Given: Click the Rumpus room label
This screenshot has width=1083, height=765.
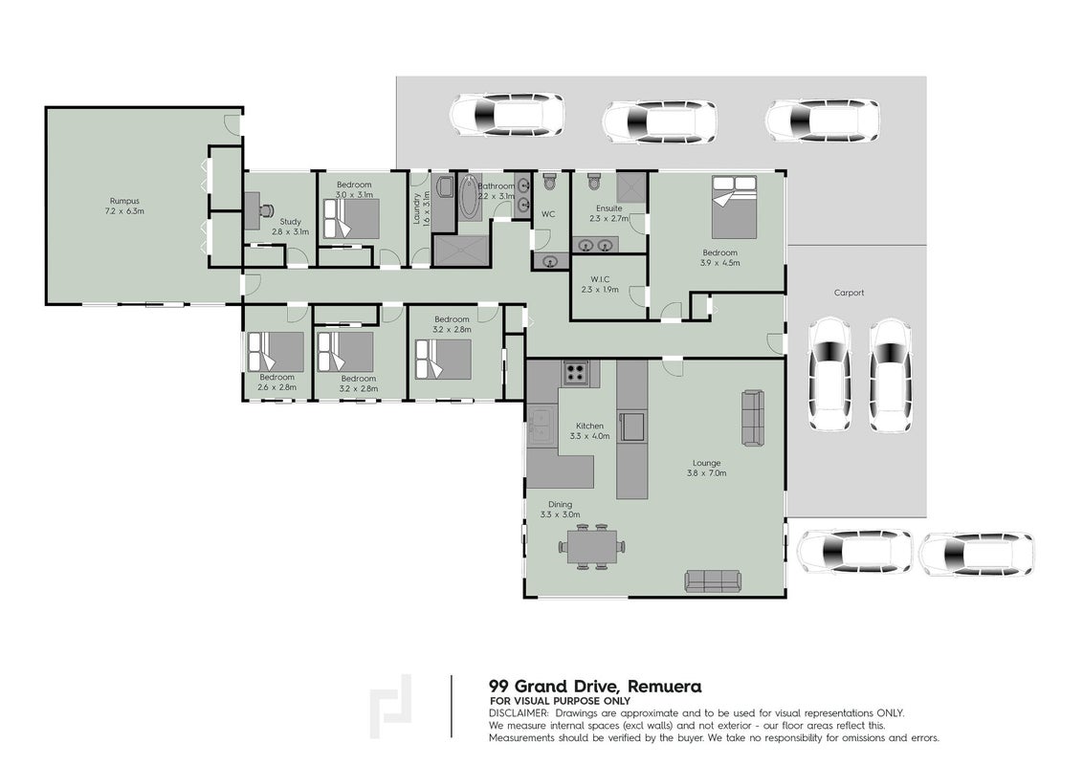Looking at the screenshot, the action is [x=125, y=201].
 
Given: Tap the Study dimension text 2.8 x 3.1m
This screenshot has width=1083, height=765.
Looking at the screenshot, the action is [x=290, y=232].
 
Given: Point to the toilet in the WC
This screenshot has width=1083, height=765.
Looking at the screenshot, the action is [x=549, y=182].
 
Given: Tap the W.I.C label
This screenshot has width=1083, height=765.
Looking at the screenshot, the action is [x=600, y=279].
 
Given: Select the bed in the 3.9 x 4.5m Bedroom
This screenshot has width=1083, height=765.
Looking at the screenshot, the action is [x=734, y=207].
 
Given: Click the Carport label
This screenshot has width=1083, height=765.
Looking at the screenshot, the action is [x=849, y=293].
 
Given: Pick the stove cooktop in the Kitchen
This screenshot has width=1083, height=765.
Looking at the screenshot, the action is [x=575, y=373].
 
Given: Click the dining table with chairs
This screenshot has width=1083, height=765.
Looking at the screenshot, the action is [x=592, y=546].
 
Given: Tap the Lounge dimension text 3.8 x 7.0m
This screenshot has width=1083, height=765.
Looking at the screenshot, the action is [x=707, y=473].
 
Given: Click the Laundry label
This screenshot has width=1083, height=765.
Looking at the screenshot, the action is [x=416, y=209].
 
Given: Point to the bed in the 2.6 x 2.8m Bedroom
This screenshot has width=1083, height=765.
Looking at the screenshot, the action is [x=276, y=352].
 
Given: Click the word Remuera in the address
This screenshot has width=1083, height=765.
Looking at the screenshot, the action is [x=666, y=687].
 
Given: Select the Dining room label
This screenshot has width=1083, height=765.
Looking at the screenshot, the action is [x=560, y=504].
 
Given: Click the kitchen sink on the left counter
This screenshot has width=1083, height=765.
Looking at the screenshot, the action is [x=541, y=426].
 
